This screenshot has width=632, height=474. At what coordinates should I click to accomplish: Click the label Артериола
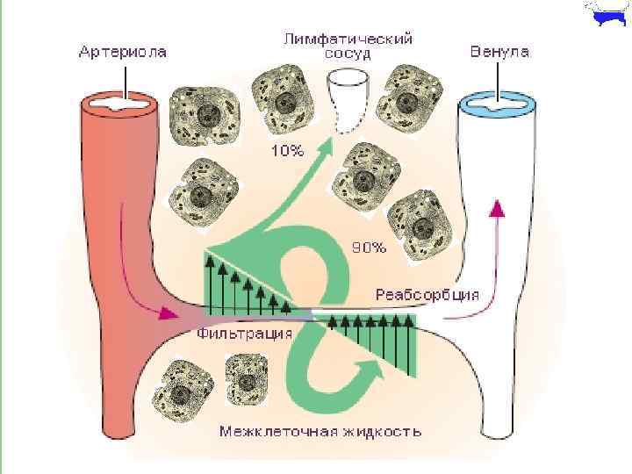coord(123,53)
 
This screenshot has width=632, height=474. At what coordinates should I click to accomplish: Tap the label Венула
coord(499,52)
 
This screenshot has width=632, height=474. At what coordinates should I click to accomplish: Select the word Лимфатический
coord(348,39)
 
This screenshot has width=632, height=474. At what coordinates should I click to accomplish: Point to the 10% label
coord(287,150)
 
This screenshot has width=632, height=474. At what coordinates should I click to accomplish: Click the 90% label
coord(369,248)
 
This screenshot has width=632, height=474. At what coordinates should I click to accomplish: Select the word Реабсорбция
coord(427,293)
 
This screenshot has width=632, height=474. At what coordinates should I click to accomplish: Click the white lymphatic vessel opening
coord(349,80)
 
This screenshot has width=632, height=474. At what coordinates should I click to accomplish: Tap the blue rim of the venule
coord(499,104)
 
